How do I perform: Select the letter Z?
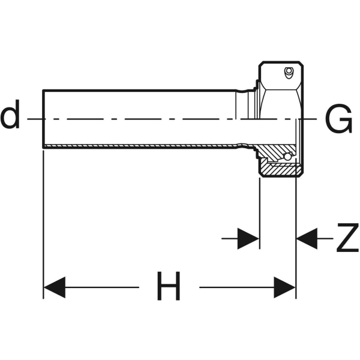pos(347,239)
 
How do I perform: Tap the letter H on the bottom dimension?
pos(169,287)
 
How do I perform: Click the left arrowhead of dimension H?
pos(54,287)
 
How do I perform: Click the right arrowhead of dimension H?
pos(285,287)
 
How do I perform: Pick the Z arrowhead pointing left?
pos(307,239)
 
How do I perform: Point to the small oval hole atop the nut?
pos(289,74)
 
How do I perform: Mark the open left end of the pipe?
pos(44,118)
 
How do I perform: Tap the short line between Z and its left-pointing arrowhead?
pos(325,239)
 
